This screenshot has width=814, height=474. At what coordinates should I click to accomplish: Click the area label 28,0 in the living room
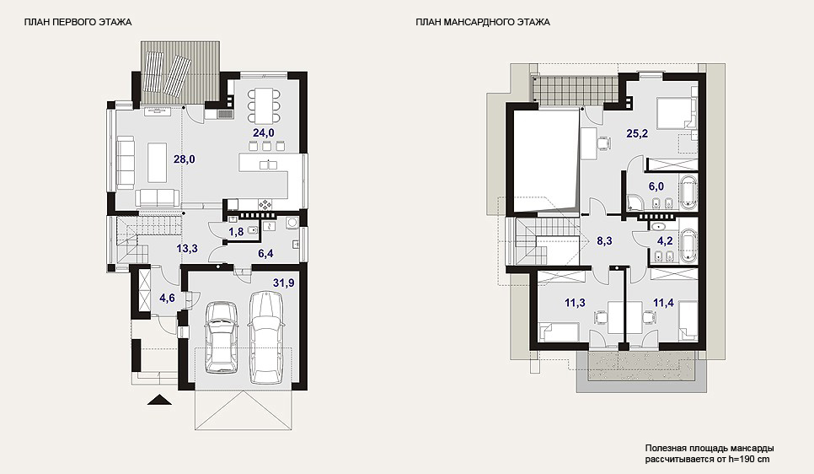pyautogui.click(x=185, y=159)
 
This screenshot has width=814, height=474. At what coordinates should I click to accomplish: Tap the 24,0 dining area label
pyautogui.click(x=264, y=133)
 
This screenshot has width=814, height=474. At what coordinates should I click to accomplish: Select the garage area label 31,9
pyautogui.click(x=284, y=283)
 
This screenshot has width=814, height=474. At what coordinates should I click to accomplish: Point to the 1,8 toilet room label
pyautogui.click(x=236, y=232)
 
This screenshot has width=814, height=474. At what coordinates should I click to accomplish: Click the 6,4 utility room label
pyautogui.click(x=265, y=253)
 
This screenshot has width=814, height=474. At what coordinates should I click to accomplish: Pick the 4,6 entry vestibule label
pyautogui.click(x=167, y=298)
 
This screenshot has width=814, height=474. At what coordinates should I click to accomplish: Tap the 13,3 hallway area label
pyautogui.click(x=187, y=249)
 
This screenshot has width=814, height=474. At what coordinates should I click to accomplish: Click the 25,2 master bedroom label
pyautogui.click(x=637, y=133)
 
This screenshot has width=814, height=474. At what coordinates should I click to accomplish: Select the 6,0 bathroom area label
pyautogui.click(x=656, y=186)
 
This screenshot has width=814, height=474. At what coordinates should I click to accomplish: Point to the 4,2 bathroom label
pyautogui.click(x=665, y=240)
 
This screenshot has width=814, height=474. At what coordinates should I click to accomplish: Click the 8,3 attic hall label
pyautogui.click(x=604, y=240)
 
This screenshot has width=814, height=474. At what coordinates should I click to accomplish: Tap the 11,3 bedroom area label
pyautogui.click(x=575, y=303)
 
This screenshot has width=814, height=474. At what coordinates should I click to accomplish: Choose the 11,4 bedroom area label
pyautogui.click(x=663, y=303)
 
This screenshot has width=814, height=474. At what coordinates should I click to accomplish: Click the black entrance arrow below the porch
pyautogui.click(x=159, y=400)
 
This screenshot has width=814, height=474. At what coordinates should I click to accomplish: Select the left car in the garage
pyautogui.click(x=222, y=338)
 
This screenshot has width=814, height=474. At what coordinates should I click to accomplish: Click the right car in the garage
pyautogui.click(x=266, y=337)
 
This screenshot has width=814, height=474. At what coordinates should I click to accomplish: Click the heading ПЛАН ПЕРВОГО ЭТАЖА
pyautogui.click(x=78, y=22)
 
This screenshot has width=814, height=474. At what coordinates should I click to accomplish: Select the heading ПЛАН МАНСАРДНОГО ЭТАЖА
pyautogui.click(x=483, y=22)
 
